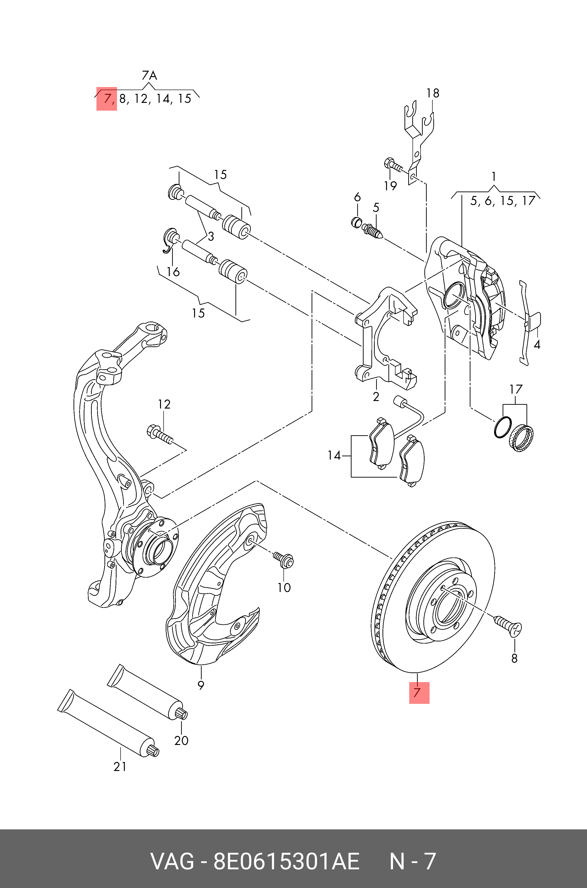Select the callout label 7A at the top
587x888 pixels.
149,76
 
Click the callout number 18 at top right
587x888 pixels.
433,93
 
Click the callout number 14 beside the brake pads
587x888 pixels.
334,456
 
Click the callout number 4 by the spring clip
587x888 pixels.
537,344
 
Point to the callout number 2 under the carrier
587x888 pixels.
376,397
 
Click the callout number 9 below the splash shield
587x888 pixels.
201,685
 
